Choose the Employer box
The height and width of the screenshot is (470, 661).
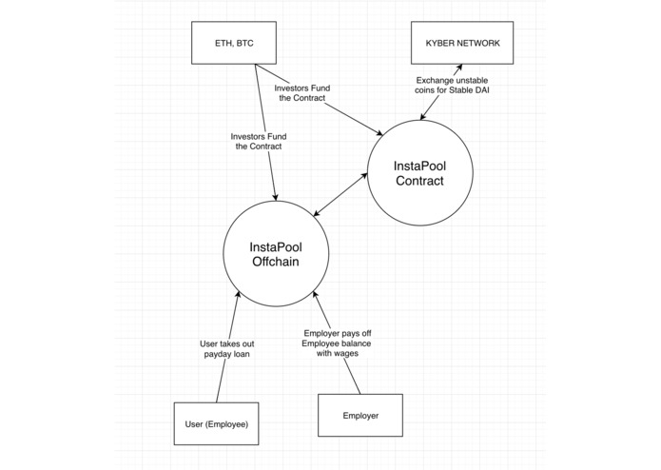click(360, 416)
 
